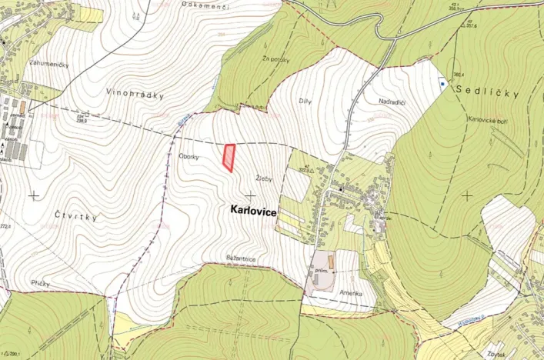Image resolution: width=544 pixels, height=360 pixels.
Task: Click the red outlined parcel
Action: click(229, 156)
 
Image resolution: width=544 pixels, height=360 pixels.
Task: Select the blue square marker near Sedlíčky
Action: click(442, 83)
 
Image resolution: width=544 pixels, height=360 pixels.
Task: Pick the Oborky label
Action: click(189, 156)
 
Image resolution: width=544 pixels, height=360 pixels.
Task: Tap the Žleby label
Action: click(262, 178)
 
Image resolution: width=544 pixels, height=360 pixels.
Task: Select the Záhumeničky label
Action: click(48, 65)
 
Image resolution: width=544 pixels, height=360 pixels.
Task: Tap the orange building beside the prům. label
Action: click(332, 263)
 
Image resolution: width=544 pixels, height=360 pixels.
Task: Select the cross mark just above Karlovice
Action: click(249, 195)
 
